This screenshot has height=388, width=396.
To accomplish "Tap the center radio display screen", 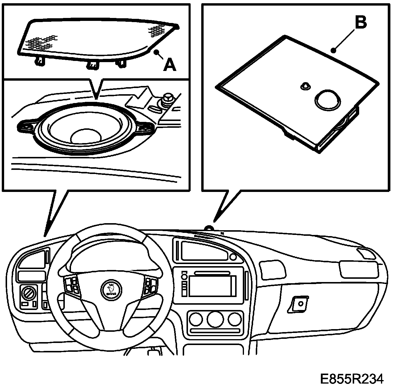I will point(210,286).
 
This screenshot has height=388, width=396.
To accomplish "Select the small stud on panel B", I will point(305,86).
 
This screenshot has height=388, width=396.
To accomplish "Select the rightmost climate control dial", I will point(234,319).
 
